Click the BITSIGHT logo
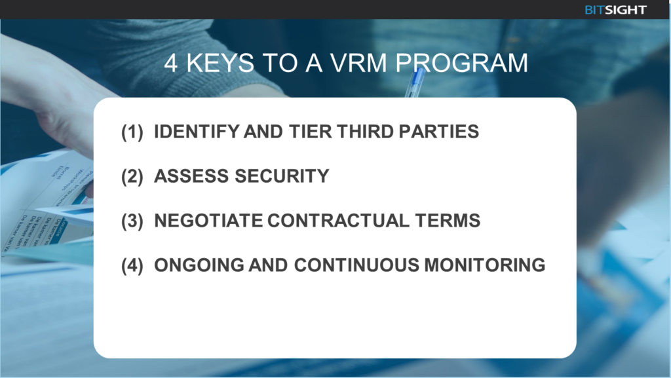615,10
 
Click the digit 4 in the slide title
171,64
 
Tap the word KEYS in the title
220,63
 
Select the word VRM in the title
358,63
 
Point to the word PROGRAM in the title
461,63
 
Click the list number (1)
132,132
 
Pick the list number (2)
132,176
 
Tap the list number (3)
132,221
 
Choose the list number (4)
132,265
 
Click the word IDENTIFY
197,131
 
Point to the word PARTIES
439,131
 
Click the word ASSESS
191,176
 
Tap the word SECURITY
282,176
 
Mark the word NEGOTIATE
208,220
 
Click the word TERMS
448,220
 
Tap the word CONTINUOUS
356,265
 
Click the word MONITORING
485,265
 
